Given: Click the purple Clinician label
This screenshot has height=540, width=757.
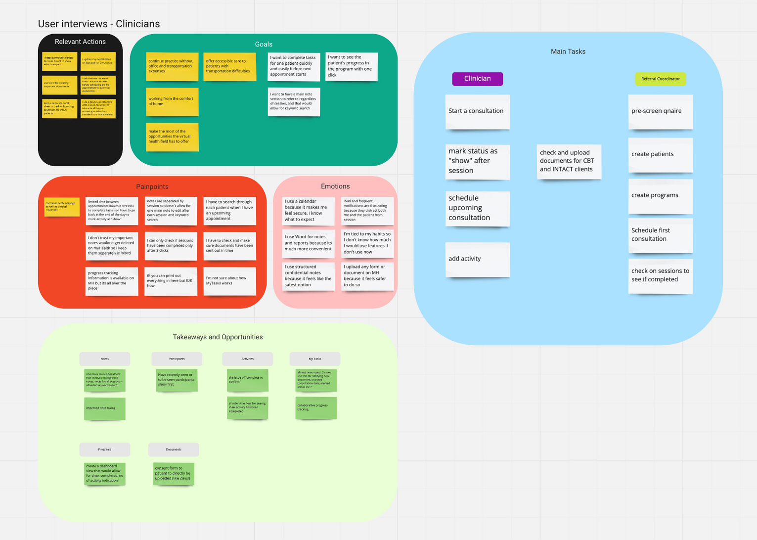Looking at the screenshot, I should [477, 79].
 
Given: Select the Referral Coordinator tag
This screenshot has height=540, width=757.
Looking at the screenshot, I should [660, 79].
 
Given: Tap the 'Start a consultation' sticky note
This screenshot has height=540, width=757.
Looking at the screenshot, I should [477, 111].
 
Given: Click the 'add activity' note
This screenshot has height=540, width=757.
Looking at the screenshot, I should [477, 259].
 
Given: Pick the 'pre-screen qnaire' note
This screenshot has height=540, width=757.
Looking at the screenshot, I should [660, 111].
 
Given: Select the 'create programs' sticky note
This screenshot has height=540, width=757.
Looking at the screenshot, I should [660, 195].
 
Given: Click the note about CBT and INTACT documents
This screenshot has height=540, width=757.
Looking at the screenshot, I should [569, 161].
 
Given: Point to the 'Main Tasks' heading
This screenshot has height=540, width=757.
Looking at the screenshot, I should [568, 51].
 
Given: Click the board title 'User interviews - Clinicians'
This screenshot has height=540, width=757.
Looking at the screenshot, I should [99, 24].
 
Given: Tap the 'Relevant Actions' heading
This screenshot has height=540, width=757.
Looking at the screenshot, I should [80, 42].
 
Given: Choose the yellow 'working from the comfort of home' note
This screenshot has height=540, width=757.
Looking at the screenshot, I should [172, 101].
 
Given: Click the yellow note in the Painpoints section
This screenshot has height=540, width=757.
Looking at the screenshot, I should [62, 207].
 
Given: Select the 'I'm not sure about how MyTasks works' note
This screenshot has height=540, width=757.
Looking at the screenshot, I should [229, 280].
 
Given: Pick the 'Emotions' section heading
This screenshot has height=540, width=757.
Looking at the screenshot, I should [335, 186].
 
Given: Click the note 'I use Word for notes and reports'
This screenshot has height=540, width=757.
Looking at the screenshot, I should [308, 243].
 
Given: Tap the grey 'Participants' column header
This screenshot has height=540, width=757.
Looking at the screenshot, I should [177, 359].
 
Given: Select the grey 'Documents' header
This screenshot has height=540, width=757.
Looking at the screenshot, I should [174, 450].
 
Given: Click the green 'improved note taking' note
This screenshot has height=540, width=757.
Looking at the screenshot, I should [104, 408].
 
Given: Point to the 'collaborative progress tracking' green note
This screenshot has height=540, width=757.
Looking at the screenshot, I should [315, 407].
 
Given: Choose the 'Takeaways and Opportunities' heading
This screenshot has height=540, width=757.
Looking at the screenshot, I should [218, 337].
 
